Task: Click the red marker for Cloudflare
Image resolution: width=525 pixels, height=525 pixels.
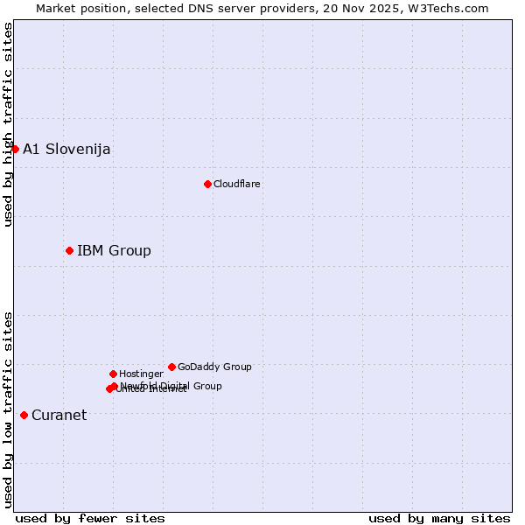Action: [x=207, y=184]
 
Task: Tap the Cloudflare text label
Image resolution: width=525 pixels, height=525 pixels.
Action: [x=236, y=184]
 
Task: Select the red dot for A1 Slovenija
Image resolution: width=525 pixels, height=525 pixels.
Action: [x=15, y=149]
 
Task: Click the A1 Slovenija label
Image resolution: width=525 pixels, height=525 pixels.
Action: [x=66, y=149]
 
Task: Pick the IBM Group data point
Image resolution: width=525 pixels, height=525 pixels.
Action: [x=69, y=250]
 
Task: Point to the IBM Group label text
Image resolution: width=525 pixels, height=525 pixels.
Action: [x=114, y=251]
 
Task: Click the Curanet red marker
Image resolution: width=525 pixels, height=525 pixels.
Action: [x=24, y=415]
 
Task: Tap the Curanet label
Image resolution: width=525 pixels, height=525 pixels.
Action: [x=59, y=416]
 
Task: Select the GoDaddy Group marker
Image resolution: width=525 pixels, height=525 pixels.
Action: [x=171, y=367]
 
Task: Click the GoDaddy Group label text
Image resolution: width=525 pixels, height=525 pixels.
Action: [x=214, y=367]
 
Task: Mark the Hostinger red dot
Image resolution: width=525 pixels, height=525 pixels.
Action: [x=113, y=374]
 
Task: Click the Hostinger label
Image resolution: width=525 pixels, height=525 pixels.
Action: [x=141, y=374]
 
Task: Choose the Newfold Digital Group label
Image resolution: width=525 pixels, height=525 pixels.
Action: [x=171, y=385]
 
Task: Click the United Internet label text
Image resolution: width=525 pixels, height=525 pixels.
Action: [x=150, y=389]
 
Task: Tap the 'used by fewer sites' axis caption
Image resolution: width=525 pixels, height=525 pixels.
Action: [x=90, y=518]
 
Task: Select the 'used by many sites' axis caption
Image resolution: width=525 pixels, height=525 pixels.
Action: [x=439, y=518]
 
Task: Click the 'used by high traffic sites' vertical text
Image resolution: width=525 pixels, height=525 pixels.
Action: [x=8, y=124]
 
